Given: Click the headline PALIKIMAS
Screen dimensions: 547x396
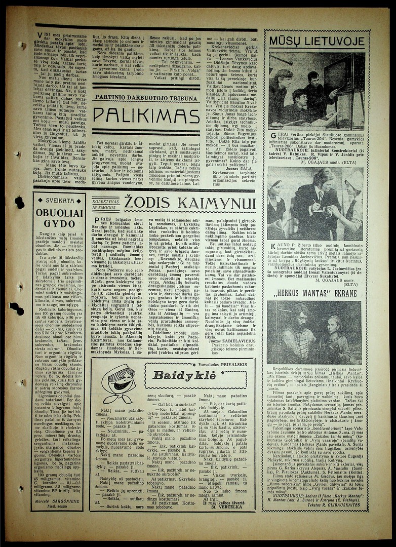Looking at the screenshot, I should pyautogui.click(x=146, y=115).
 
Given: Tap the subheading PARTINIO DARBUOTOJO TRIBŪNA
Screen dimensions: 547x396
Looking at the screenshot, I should pyautogui.click(x=146, y=97).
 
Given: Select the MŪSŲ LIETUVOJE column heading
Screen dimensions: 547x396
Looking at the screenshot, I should pyautogui.click(x=316, y=41).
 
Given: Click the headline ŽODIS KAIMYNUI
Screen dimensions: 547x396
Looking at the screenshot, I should pyautogui.click(x=190, y=203).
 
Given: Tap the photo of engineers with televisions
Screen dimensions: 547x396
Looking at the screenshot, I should pyautogui.click(x=316, y=91).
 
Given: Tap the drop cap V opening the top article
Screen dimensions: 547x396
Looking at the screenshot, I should pyautogui.click(x=40, y=35).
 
